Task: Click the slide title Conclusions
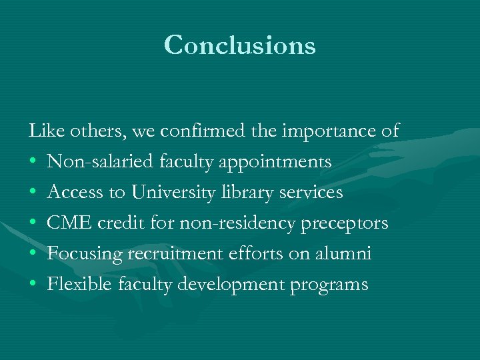click(x=239, y=45)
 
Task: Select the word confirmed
click(x=199, y=131)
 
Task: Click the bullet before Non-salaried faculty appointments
click(x=33, y=162)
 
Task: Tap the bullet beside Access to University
click(x=33, y=193)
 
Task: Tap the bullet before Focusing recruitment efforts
click(x=33, y=254)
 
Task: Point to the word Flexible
click(x=79, y=284)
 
